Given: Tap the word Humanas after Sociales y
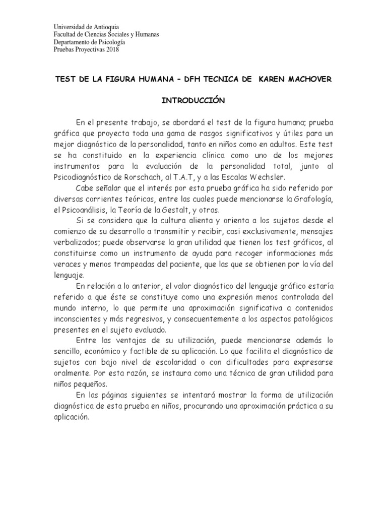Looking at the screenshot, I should point(144,34).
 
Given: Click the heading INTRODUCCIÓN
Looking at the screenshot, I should point(192,100).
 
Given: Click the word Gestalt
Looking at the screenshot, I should point(182,211).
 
